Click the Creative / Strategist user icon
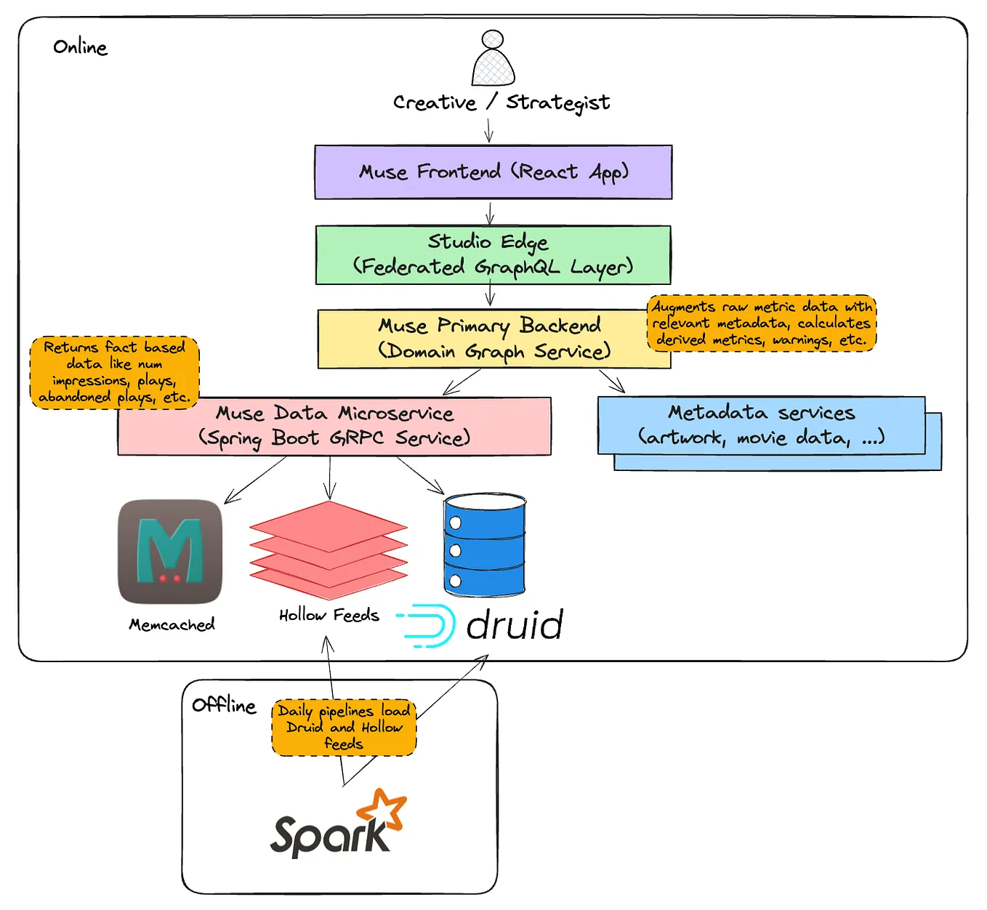(493, 59)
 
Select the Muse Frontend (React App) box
(493, 172)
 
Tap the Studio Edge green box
(493, 255)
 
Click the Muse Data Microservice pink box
(334, 427)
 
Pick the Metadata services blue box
(761, 426)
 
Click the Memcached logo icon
(170, 552)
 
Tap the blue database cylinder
(484, 544)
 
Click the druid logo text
(514, 625)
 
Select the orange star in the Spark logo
(384, 808)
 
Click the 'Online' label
(80, 47)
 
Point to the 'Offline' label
(224, 706)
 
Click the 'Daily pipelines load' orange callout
(344, 728)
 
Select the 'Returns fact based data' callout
(114, 372)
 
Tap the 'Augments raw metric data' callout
(761, 323)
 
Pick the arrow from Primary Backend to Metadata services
(612, 381)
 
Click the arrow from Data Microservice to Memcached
(254, 480)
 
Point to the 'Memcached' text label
(172, 625)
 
